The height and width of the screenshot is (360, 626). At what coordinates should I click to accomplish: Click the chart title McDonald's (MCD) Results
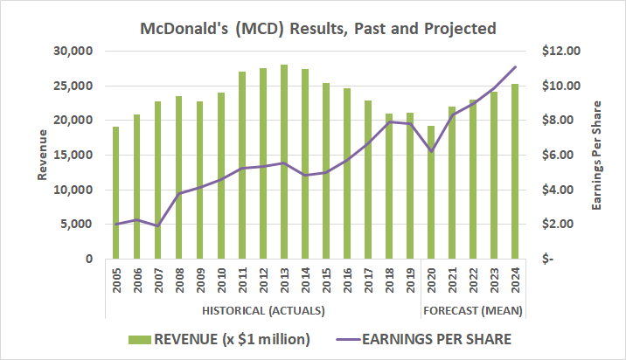318,29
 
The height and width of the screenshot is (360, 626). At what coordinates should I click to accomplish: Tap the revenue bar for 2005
115,193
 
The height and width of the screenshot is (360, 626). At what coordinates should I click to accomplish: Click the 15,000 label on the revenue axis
74,155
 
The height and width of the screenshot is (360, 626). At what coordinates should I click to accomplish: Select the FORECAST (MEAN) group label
473,311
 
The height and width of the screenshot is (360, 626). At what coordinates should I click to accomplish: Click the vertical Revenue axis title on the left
41,155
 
